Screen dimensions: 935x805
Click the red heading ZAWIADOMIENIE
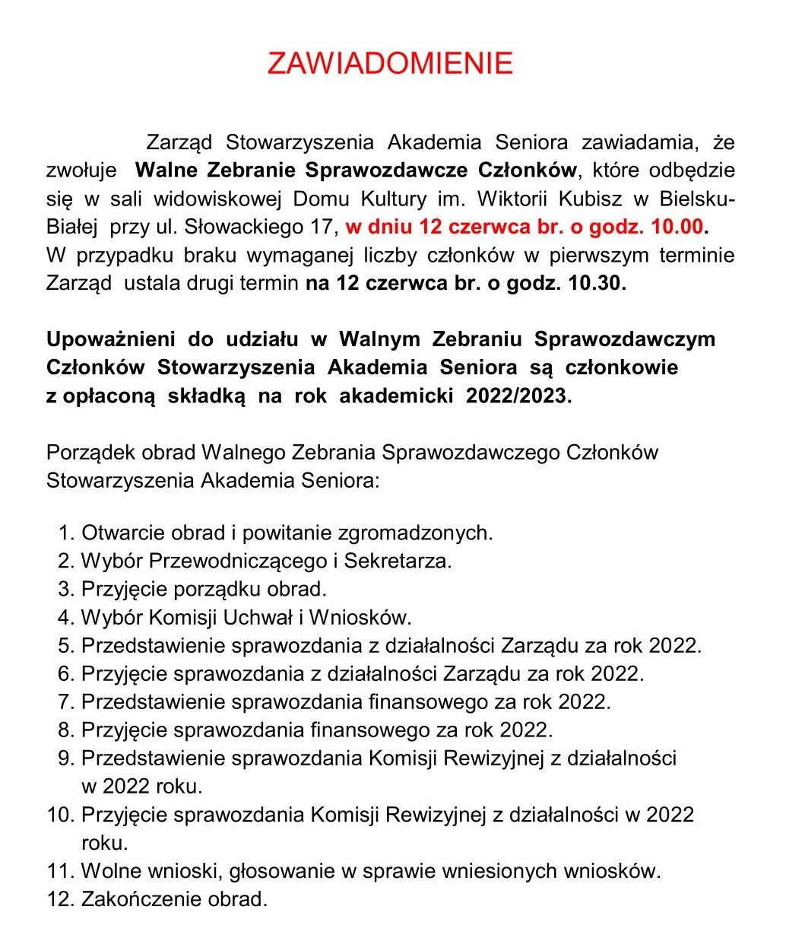390,64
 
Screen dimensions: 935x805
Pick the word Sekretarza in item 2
397,561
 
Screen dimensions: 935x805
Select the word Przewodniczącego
237,561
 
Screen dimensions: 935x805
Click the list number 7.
64,701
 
